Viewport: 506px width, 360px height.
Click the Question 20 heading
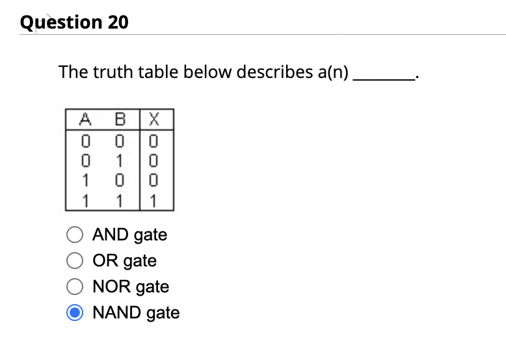point(74,22)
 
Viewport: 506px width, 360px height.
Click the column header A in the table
point(84,119)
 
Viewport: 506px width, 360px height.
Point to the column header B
point(119,119)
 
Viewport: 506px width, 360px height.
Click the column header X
point(153,119)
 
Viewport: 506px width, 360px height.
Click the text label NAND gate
point(136,313)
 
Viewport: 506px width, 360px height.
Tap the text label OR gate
point(124,261)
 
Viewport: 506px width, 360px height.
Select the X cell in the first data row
point(153,139)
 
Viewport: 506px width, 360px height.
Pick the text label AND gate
point(129,235)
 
